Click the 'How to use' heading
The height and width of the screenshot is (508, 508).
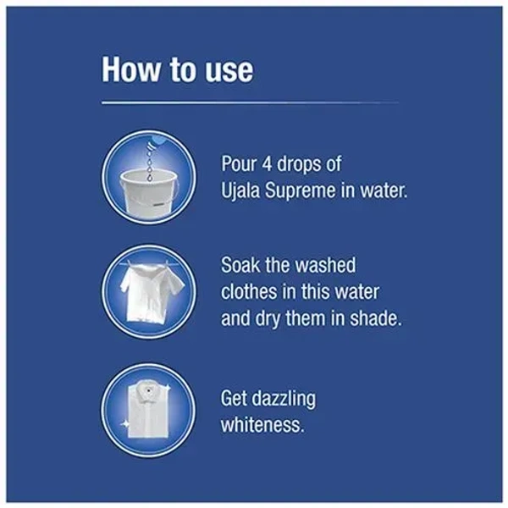pyautogui.click(x=177, y=70)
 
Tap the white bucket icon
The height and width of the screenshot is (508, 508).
pyautogui.click(x=149, y=193)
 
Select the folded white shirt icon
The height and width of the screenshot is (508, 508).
pyautogui.click(x=148, y=410)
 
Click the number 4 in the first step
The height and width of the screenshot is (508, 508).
pyautogui.click(x=267, y=163)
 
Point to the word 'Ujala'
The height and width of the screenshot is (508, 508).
pyautogui.click(x=240, y=190)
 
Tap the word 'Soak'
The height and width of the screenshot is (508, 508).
pyautogui.click(x=240, y=265)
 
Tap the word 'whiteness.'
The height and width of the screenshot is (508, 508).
pyautogui.click(x=262, y=425)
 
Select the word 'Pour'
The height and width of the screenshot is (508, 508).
pyautogui.click(x=239, y=163)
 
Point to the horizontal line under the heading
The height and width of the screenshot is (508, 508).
pyautogui.click(x=250, y=103)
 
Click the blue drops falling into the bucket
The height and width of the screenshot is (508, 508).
pyautogui.click(x=149, y=161)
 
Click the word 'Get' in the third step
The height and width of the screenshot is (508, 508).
pyautogui.click(x=234, y=398)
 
